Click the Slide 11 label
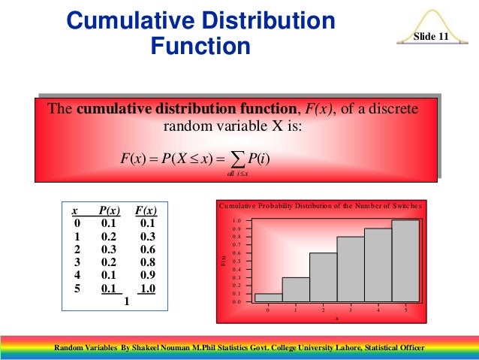432,37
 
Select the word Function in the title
200,47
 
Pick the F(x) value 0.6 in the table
147,249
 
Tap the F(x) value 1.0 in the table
147,287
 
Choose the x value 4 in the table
76,274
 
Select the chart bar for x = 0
268,298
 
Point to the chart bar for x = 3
351,269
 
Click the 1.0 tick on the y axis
237,221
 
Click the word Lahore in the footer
330,348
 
